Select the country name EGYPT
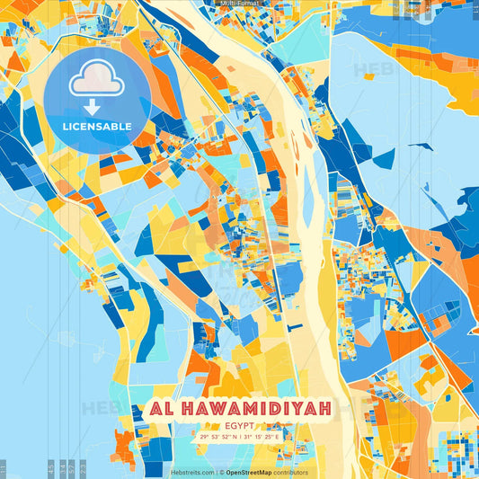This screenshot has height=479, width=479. (x=239, y=424)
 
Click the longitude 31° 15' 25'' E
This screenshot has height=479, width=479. (x=262, y=436)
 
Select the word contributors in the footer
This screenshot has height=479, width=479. (x=291, y=472)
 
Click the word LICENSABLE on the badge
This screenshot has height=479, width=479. (x=96, y=127)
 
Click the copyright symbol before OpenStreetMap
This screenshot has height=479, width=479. (x=221, y=472)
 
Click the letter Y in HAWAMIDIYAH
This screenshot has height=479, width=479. (x=302, y=409)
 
